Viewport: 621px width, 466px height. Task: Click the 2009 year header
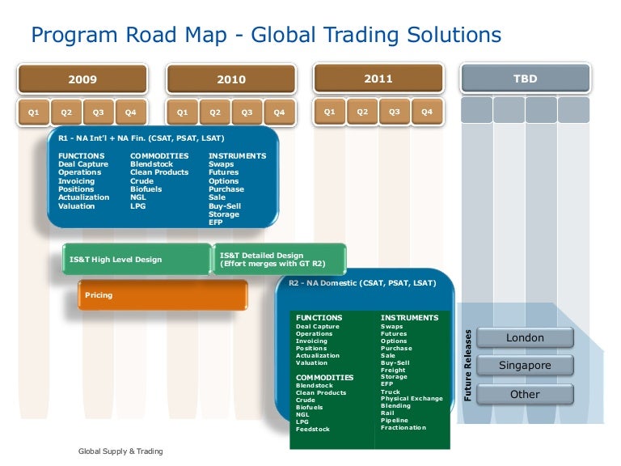pyautogui.click(x=82, y=79)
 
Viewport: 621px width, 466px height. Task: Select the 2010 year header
pyautogui.click(x=231, y=79)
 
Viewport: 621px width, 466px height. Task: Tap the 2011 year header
pyautogui.click(x=378, y=78)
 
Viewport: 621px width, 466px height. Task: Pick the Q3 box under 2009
pyautogui.click(x=98, y=112)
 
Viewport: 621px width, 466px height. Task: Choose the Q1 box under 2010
pyautogui.click(x=183, y=112)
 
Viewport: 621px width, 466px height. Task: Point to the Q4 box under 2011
pyautogui.click(x=427, y=112)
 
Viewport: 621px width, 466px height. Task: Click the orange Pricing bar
pyautogui.click(x=163, y=295)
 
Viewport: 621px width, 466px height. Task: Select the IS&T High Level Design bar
pyautogui.click(x=136, y=260)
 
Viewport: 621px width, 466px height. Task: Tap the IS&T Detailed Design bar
pyautogui.click(x=280, y=259)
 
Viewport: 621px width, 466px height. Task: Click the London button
pyautogui.click(x=525, y=337)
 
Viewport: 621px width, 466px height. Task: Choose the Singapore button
pyautogui.click(x=525, y=366)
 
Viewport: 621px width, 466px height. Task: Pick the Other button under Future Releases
pyautogui.click(x=525, y=395)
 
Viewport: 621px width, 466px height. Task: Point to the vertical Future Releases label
pyautogui.click(x=467, y=365)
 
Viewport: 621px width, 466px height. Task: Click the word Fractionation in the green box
pyautogui.click(x=403, y=428)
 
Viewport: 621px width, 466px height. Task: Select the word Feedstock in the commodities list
pyautogui.click(x=313, y=429)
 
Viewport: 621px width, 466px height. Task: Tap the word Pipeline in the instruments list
pyautogui.click(x=395, y=421)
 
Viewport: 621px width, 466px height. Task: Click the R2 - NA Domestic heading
pyautogui.click(x=362, y=283)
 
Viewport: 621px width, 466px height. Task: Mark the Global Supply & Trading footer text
pyautogui.click(x=120, y=451)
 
